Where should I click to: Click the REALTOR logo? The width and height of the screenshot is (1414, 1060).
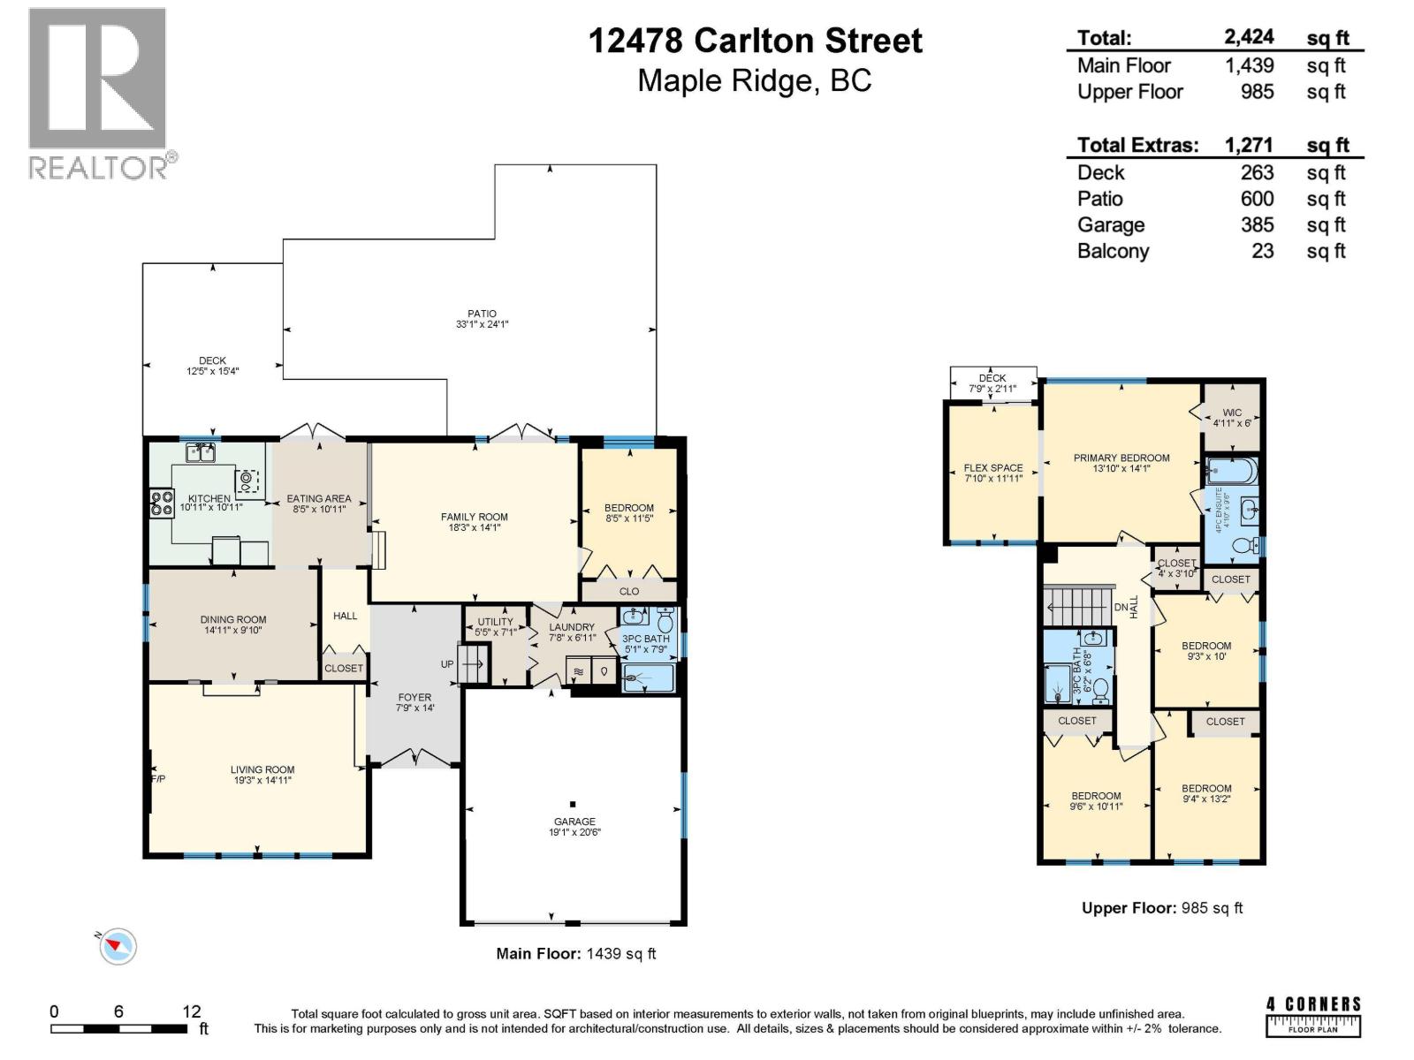pyautogui.click(x=97, y=93)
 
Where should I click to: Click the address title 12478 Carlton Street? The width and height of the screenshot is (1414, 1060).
pyautogui.click(x=755, y=41)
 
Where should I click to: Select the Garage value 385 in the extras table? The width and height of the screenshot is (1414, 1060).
pyautogui.click(x=1256, y=224)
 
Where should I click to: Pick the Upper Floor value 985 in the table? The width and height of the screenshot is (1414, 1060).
pyautogui.click(x=1256, y=92)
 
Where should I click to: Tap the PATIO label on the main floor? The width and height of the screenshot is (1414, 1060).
pyautogui.click(x=482, y=314)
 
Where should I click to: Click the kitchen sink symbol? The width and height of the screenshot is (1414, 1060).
pyautogui.click(x=201, y=454)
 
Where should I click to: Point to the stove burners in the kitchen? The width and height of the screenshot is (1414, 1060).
pyautogui.click(x=162, y=503)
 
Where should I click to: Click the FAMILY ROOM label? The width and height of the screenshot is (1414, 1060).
pyautogui.click(x=474, y=517)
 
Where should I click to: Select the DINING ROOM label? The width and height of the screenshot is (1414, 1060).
pyautogui.click(x=232, y=619)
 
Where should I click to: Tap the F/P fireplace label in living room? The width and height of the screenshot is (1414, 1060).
pyautogui.click(x=158, y=779)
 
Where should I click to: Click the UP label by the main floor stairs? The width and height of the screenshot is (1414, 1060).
pyautogui.click(x=447, y=664)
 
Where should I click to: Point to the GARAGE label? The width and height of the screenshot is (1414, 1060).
pyautogui.click(x=574, y=821)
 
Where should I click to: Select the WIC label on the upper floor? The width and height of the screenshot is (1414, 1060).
pyautogui.click(x=1232, y=413)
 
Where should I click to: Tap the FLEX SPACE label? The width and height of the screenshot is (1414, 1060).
pyautogui.click(x=993, y=468)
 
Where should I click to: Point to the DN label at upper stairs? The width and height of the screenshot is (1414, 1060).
pyautogui.click(x=1121, y=608)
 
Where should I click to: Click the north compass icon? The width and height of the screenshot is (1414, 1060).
pyautogui.click(x=117, y=947)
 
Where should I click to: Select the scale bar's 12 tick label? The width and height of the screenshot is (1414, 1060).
pyautogui.click(x=191, y=1011)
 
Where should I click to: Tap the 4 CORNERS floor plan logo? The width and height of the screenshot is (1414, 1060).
pyautogui.click(x=1313, y=1016)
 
